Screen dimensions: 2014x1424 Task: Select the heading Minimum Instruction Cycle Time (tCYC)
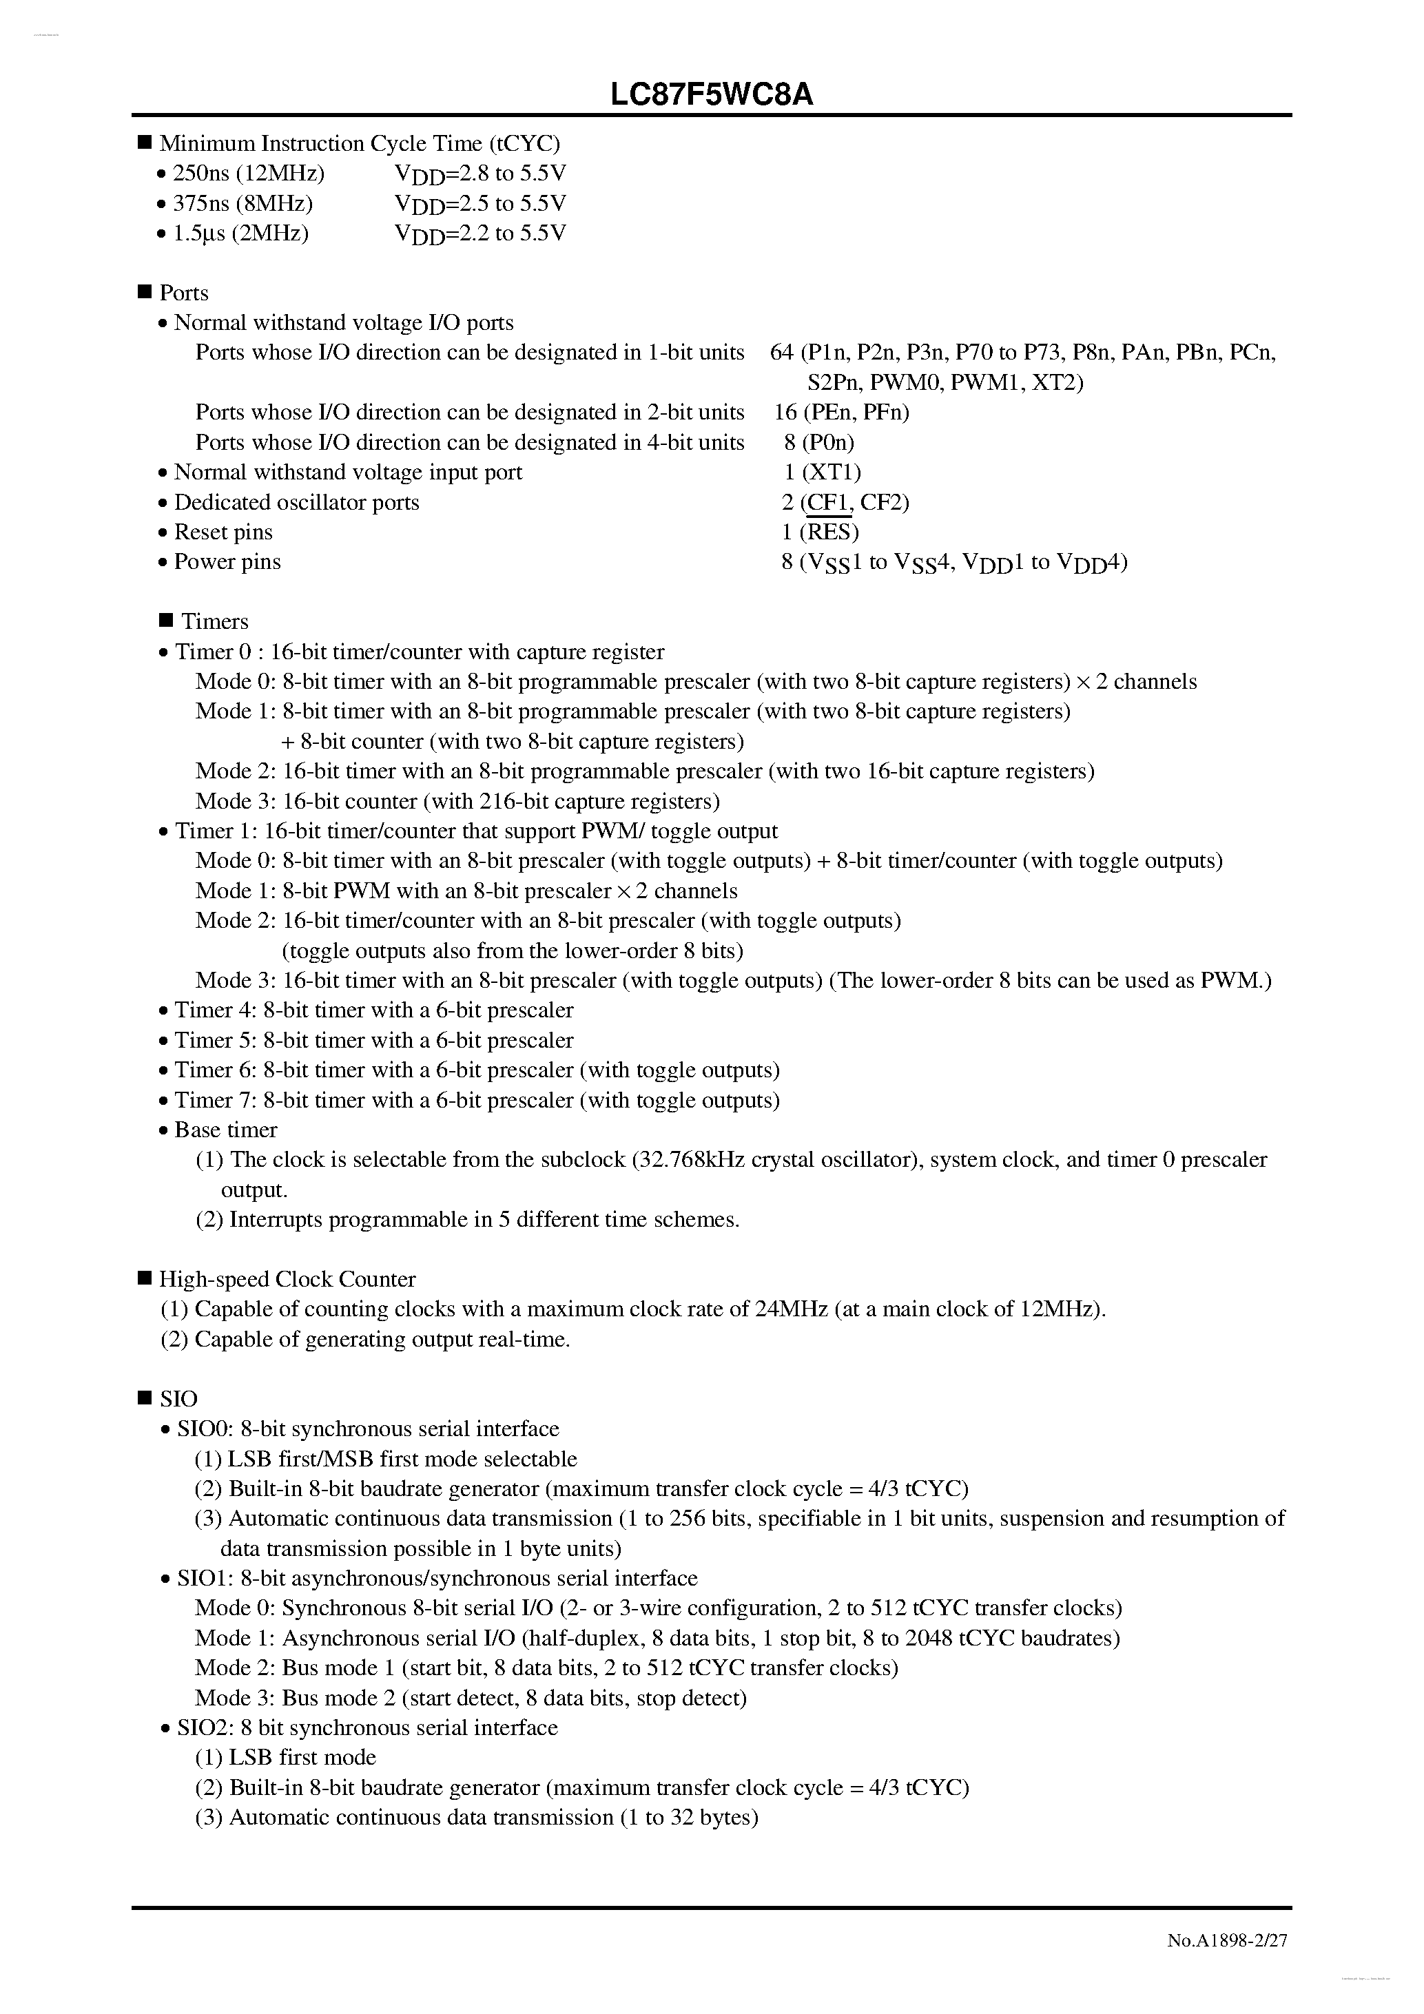(359, 143)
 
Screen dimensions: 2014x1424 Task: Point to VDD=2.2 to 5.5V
(480, 233)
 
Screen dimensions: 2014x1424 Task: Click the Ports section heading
(183, 293)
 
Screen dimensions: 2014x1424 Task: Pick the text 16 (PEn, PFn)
(841, 413)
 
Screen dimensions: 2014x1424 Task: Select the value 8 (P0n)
(818, 442)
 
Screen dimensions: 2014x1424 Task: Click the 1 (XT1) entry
(822, 472)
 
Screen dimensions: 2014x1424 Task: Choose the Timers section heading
(214, 622)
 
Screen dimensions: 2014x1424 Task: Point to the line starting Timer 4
(374, 1010)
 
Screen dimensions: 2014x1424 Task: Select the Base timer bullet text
(225, 1130)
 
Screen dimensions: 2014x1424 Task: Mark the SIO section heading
(178, 1398)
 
